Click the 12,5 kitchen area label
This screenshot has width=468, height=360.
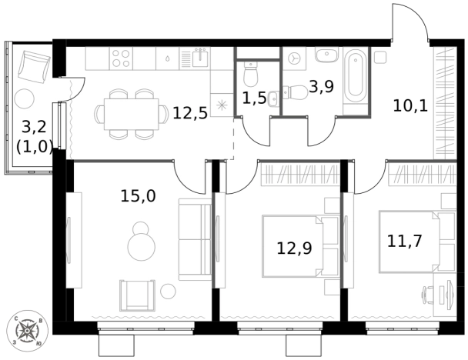coord(190,113)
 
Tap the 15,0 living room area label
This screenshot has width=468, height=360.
coord(139,196)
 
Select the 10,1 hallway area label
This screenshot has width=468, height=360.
coord(410,105)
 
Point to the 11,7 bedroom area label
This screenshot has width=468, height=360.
coord(404,241)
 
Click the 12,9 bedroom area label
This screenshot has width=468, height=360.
coord(294,248)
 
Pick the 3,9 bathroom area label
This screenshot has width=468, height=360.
coord(321,87)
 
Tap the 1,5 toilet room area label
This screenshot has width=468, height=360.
coord(254,98)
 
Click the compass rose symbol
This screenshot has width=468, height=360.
coord(27,331)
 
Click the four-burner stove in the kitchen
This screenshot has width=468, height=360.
coord(121,58)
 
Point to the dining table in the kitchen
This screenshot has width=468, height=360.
coord(132,114)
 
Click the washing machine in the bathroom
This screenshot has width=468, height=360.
coord(294,58)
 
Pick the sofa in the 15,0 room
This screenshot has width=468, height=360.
coord(196,239)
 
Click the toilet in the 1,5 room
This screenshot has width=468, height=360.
coord(250,74)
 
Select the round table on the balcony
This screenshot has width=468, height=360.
coord(25,99)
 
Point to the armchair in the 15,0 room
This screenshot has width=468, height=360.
coord(138,295)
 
